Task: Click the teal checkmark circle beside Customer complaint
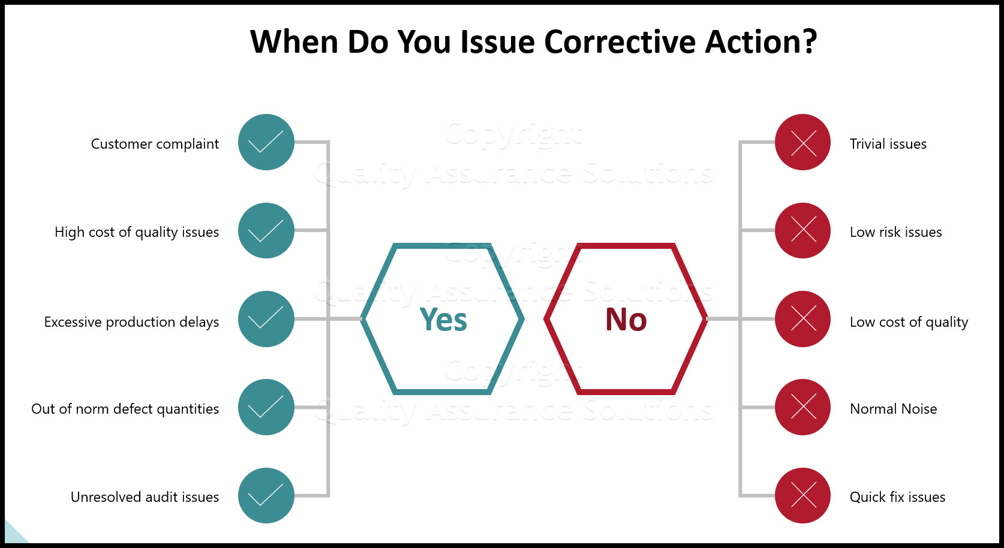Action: [266, 142]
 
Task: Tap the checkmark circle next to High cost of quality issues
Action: [266, 231]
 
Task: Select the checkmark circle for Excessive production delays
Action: [266, 319]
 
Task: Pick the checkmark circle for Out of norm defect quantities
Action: [266, 407]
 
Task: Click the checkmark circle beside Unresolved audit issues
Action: [266, 495]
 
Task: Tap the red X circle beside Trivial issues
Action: [802, 142]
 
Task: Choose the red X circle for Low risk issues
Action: [802, 231]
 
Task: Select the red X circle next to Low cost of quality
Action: [802, 319]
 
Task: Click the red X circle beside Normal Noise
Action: [802, 407]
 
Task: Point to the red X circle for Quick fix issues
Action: [802, 495]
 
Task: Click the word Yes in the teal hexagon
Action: [443, 320]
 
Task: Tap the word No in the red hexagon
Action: [626, 320]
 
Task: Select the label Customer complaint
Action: [155, 144]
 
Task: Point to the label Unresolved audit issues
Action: [145, 497]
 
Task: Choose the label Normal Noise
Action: [893, 409]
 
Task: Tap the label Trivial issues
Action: [888, 144]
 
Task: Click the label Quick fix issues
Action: [897, 497]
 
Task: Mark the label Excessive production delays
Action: [131, 322]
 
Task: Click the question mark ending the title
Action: [810, 42]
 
